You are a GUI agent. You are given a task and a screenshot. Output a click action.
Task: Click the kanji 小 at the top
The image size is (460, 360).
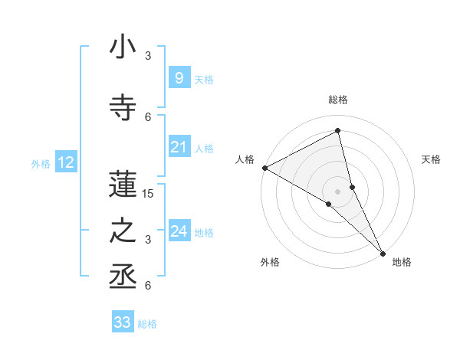[x=123, y=47]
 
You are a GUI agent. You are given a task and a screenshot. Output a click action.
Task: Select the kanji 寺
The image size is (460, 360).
[x=123, y=108]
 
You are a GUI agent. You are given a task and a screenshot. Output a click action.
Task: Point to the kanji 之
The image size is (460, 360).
[x=123, y=231]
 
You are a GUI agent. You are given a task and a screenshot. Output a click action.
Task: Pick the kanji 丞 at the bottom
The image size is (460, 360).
[x=123, y=277]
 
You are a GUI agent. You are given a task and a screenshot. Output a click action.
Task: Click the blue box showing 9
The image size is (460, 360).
[x=179, y=78]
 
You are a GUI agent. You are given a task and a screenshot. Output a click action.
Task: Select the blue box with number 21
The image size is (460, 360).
[x=179, y=147]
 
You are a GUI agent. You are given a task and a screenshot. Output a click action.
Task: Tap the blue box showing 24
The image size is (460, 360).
[x=179, y=231]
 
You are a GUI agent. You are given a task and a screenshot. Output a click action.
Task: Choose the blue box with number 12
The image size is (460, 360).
[x=65, y=162]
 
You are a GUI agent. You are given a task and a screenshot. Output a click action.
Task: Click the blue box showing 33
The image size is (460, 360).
[x=123, y=322]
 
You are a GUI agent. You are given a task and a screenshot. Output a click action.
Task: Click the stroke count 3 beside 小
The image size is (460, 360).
[x=148, y=56]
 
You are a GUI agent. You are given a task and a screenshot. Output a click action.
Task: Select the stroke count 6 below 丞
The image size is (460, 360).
[x=148, y=286]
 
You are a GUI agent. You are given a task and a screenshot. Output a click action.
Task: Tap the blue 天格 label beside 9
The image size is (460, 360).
[x=204, y=79]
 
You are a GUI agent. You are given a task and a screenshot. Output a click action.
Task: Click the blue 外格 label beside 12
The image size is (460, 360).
[x=41, y=163]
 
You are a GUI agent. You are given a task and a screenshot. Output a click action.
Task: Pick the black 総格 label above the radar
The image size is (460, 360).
[x=338, y=100]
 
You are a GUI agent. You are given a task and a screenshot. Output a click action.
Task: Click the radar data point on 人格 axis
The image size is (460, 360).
[x=264, y=168]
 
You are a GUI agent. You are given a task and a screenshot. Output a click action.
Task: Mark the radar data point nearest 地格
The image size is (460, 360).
[x=382, y=251]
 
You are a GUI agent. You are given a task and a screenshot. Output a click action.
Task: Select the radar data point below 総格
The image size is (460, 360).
[x=338, y=132]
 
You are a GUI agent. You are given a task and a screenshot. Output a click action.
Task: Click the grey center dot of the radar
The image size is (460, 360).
[x=338, y=191]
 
